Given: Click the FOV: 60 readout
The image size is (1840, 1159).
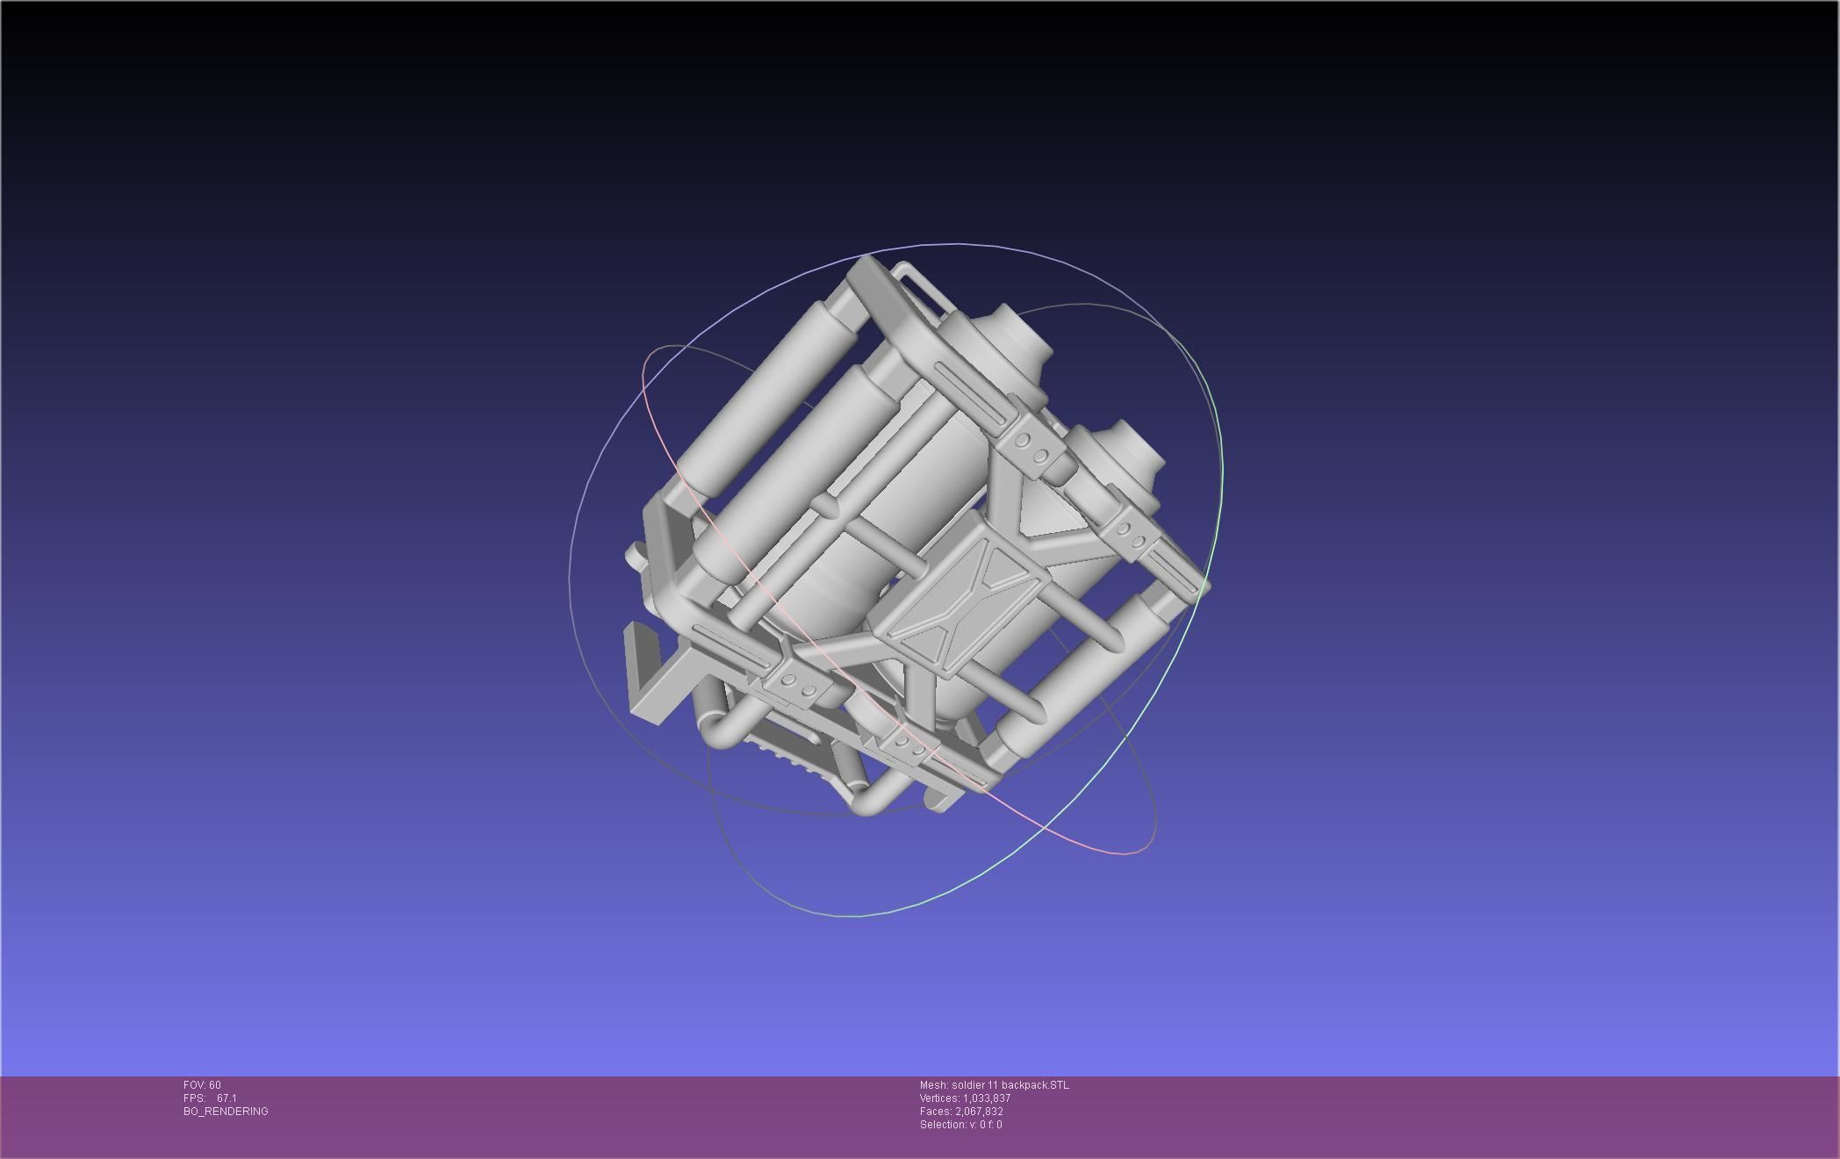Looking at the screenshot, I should coord(202,1085).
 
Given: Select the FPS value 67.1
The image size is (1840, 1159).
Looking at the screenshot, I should coord(226,1098).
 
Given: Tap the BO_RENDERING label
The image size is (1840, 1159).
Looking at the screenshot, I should coord(226,1112).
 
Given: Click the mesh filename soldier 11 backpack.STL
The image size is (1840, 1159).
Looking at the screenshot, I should coord(1010,1085).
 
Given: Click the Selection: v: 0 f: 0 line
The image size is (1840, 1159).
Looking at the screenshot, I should coord(960,1125).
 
